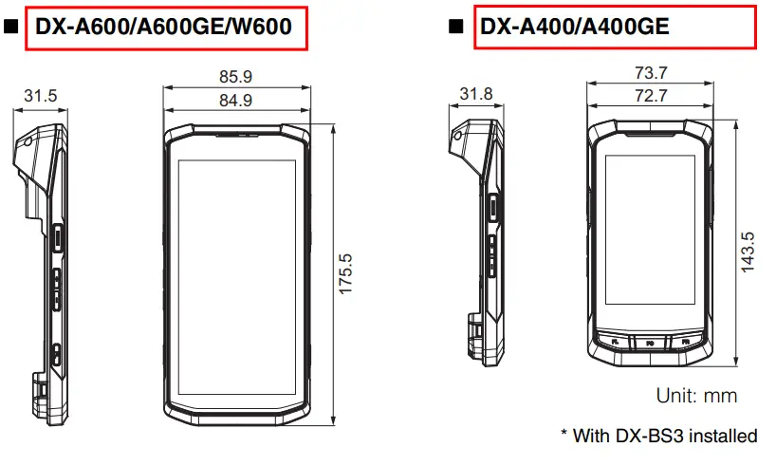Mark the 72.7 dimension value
(x=650, y=95)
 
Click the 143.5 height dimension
(x=748, y=252)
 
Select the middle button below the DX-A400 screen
(x=651, y=342)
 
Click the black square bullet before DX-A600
(x=12, y=28)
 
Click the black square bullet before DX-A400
(x=456, y=28)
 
